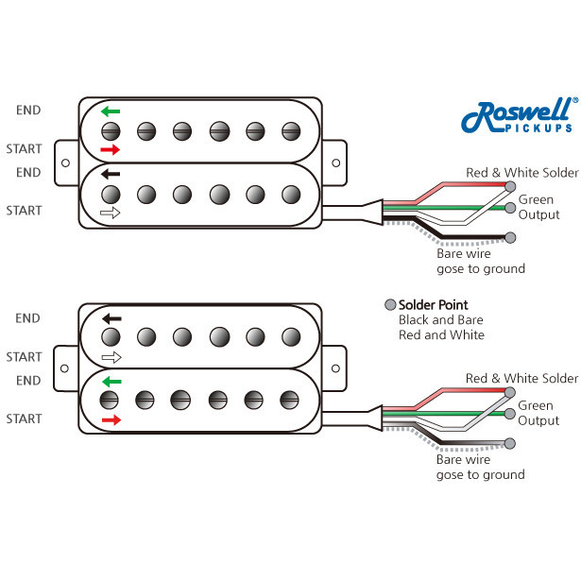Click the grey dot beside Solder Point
(389, 305)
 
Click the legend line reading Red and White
(441, 335)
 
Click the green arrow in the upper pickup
(111, 111)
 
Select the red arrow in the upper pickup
(111, 150)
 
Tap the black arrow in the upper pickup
(111, 175)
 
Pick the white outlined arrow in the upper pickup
(111, 214)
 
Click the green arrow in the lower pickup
(111, 382)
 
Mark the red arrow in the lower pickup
(111, 419)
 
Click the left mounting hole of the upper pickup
(64, 162)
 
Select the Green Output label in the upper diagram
(538, 207)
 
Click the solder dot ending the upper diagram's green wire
(511, 206)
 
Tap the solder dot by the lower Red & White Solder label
(511, 391)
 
